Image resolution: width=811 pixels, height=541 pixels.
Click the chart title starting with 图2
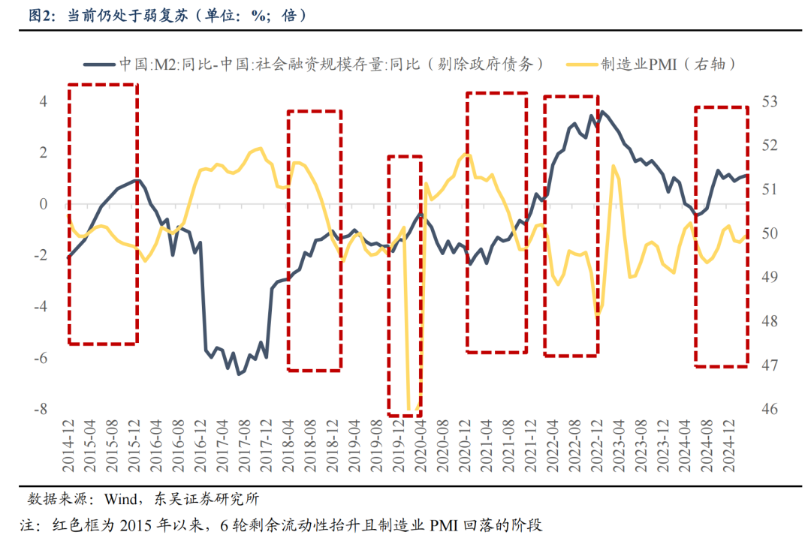click(x=166, y=16)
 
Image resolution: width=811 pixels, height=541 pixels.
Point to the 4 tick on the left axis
click(x=43, y=101)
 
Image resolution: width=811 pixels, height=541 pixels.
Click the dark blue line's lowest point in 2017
click(x=240, y=374)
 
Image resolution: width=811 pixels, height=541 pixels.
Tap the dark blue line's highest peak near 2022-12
click(x=602, y=112)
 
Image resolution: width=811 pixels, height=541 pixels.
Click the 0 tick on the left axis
click(x=43, y=204)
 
